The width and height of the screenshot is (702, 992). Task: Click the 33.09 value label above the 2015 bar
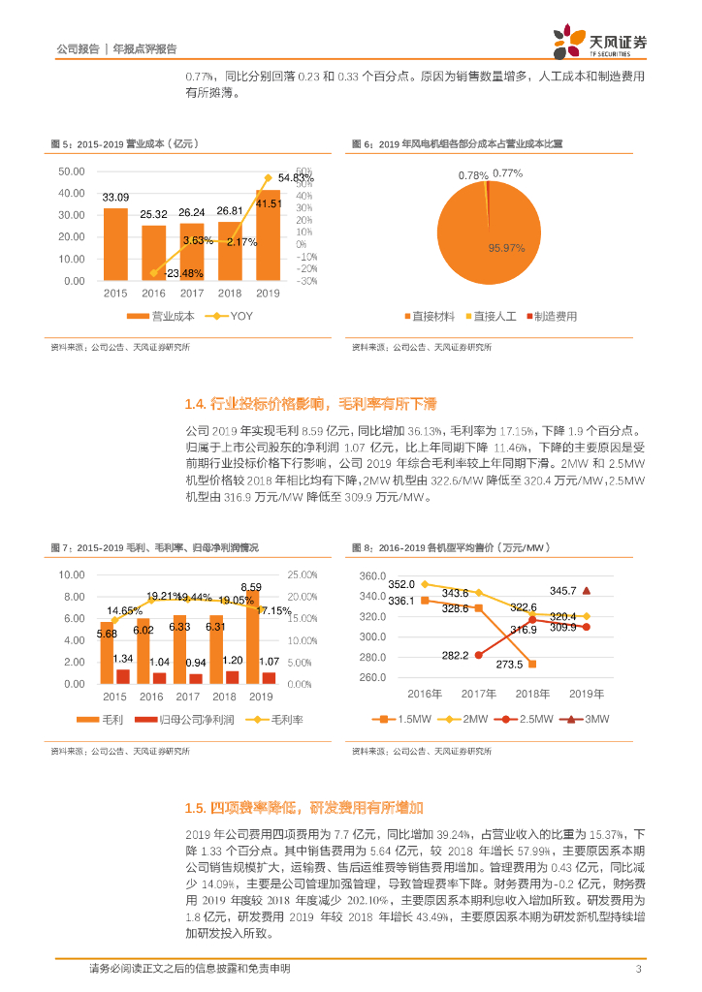click(115, 197)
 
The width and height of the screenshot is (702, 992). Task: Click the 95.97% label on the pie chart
click(506, 248)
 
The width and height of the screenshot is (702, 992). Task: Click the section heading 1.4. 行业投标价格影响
click(310, 403)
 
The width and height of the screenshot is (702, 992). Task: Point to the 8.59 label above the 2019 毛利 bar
click(251, 587)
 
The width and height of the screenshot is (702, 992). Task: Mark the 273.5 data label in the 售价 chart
click(509, 665)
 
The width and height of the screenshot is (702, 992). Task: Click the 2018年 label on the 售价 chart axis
click(532, 694)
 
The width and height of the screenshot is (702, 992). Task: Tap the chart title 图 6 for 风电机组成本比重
click(457, 144)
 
